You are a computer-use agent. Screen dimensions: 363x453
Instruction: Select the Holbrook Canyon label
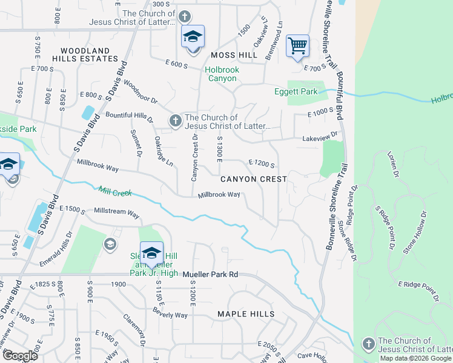(x=222, y=74)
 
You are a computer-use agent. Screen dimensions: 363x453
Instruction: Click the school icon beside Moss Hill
(x=193, y=38)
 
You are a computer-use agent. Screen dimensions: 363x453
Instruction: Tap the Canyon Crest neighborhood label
(x=253, y=179)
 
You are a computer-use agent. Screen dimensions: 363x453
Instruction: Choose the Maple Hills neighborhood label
(x=246, y=314)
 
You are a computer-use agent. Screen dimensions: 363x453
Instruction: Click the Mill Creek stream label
(x=114, y=191)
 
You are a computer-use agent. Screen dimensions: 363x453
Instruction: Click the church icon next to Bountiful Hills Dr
(x=176, y=121)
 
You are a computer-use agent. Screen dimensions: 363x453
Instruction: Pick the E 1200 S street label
(x=262, y=163)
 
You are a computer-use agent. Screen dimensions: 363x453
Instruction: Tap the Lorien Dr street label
(x=394, y=165)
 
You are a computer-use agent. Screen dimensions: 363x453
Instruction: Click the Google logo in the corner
(x=19, y=355)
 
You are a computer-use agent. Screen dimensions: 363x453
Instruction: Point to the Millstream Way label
(x=116, y=214)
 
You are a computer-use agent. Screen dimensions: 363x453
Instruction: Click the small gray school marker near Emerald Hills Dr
(x=110, y=244)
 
